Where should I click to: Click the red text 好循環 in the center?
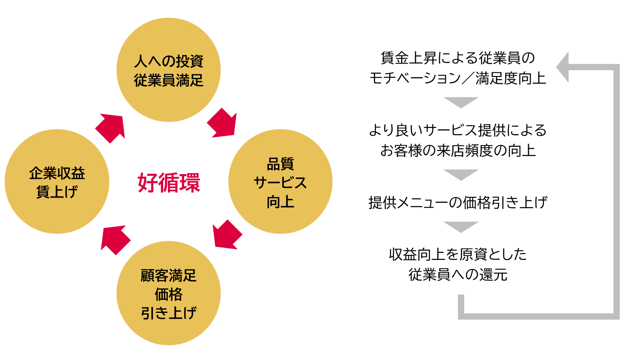[169, 183]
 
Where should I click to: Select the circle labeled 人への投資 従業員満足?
[169, 70]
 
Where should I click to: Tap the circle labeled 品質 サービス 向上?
[280, 182]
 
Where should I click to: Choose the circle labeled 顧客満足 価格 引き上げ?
[169, 293]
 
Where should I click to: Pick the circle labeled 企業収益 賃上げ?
[57, 182]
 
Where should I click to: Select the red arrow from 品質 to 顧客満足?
[227, 235]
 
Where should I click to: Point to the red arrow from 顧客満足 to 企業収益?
[115, 240]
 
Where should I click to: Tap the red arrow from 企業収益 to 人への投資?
[111, 128]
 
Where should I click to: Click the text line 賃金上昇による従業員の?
[457, 58]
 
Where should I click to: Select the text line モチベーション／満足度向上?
[457, 78]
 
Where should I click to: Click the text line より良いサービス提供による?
[457, 130]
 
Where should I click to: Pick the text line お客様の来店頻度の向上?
[457, 151]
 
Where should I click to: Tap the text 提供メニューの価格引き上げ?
[457, 203]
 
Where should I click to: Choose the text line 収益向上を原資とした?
[457, 254]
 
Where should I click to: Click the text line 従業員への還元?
[457, 275]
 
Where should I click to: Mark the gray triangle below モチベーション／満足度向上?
[461, 102]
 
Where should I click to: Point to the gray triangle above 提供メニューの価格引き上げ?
[461, 174]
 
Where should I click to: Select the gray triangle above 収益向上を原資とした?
[461, 226]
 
